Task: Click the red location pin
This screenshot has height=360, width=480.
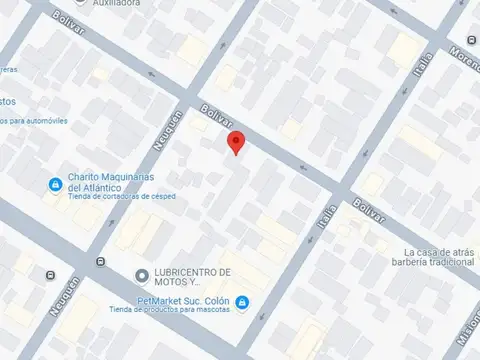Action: [x=235, y=141]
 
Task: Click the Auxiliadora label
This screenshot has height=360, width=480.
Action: [x=118, y=4]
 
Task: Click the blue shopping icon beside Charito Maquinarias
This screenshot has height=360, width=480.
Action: [x=56, y=184]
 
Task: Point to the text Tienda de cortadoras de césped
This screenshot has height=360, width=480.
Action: [x=122, y=197]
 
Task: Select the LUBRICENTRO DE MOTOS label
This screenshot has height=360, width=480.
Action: [x=193, y=277]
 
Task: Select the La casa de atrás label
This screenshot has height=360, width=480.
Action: [x=438, y=251]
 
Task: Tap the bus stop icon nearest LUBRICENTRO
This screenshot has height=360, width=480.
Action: [x=100, y=262]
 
